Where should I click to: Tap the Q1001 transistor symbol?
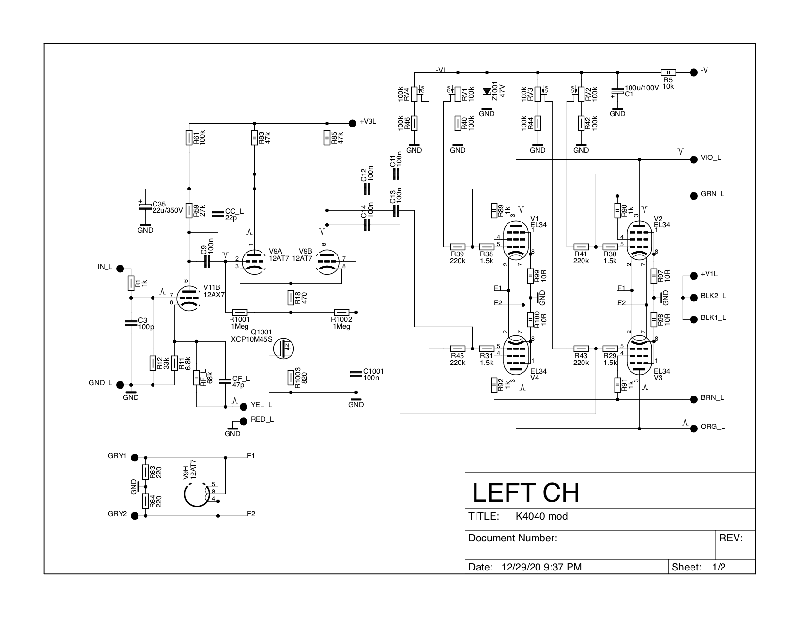283,348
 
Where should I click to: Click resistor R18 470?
291,297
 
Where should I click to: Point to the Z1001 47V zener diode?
487,91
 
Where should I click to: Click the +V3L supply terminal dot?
352,122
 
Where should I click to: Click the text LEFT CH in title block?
525,492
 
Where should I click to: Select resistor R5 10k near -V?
668,71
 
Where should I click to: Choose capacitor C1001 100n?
356,374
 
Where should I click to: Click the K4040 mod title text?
541,517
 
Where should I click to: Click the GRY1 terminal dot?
135,457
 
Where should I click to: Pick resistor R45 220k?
458,348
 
